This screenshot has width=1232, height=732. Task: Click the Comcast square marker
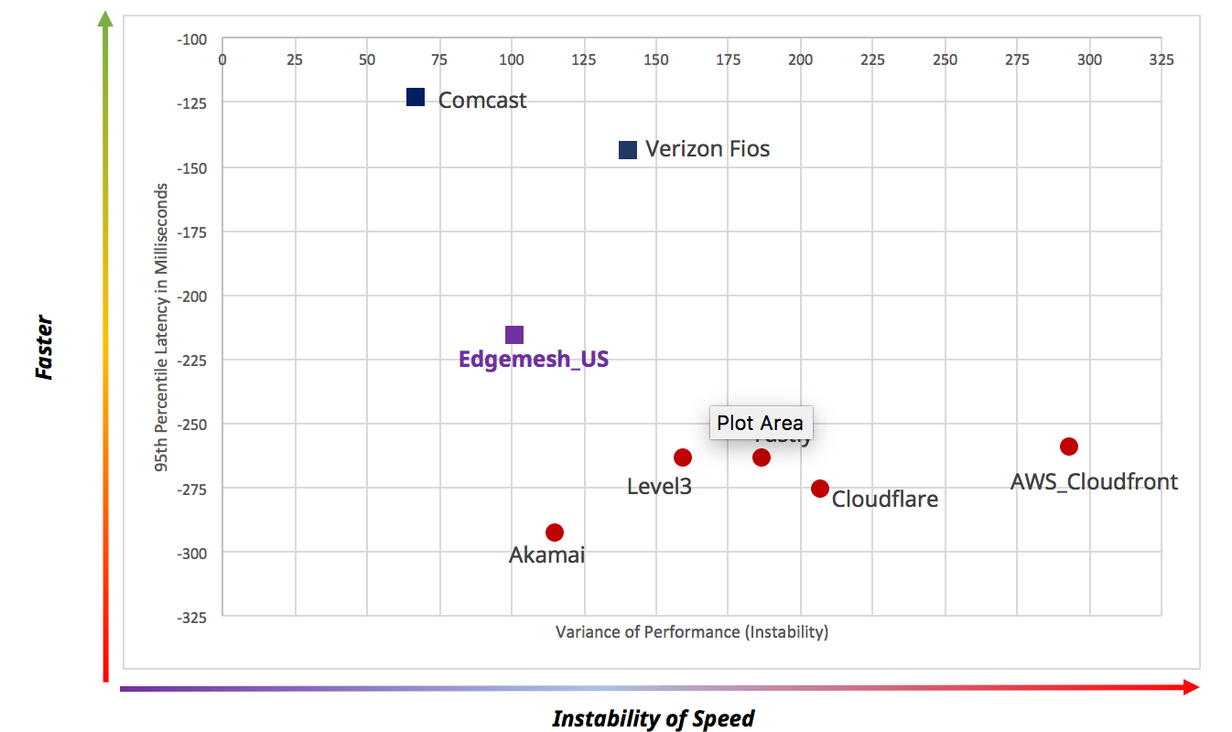416,98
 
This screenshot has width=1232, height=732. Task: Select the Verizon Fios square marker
628,150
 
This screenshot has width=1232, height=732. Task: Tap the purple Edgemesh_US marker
514,336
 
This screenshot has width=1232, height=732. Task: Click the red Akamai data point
555,533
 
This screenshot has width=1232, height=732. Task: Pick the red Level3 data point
683,457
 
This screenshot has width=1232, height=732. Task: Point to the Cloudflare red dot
820,489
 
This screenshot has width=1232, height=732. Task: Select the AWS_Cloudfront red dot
1069,447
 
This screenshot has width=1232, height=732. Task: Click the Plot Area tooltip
760,423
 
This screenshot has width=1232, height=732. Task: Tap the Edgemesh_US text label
534,360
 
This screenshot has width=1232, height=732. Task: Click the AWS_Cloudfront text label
1094,481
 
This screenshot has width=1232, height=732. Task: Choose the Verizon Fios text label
708,149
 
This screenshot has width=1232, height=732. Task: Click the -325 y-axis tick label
192,617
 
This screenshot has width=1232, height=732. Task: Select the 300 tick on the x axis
1089,59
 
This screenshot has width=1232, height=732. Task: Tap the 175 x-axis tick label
728,59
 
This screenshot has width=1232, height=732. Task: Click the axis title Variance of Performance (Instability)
691,632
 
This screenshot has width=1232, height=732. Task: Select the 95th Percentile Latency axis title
162,328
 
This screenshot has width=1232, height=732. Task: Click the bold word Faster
43,348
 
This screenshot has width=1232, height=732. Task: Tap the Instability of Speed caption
654,718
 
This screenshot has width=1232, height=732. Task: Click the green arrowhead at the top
106,17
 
